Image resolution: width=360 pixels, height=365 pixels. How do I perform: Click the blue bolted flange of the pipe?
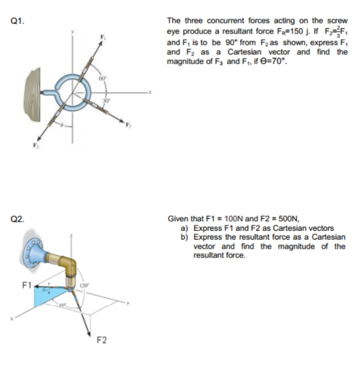[x=34, y=250]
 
